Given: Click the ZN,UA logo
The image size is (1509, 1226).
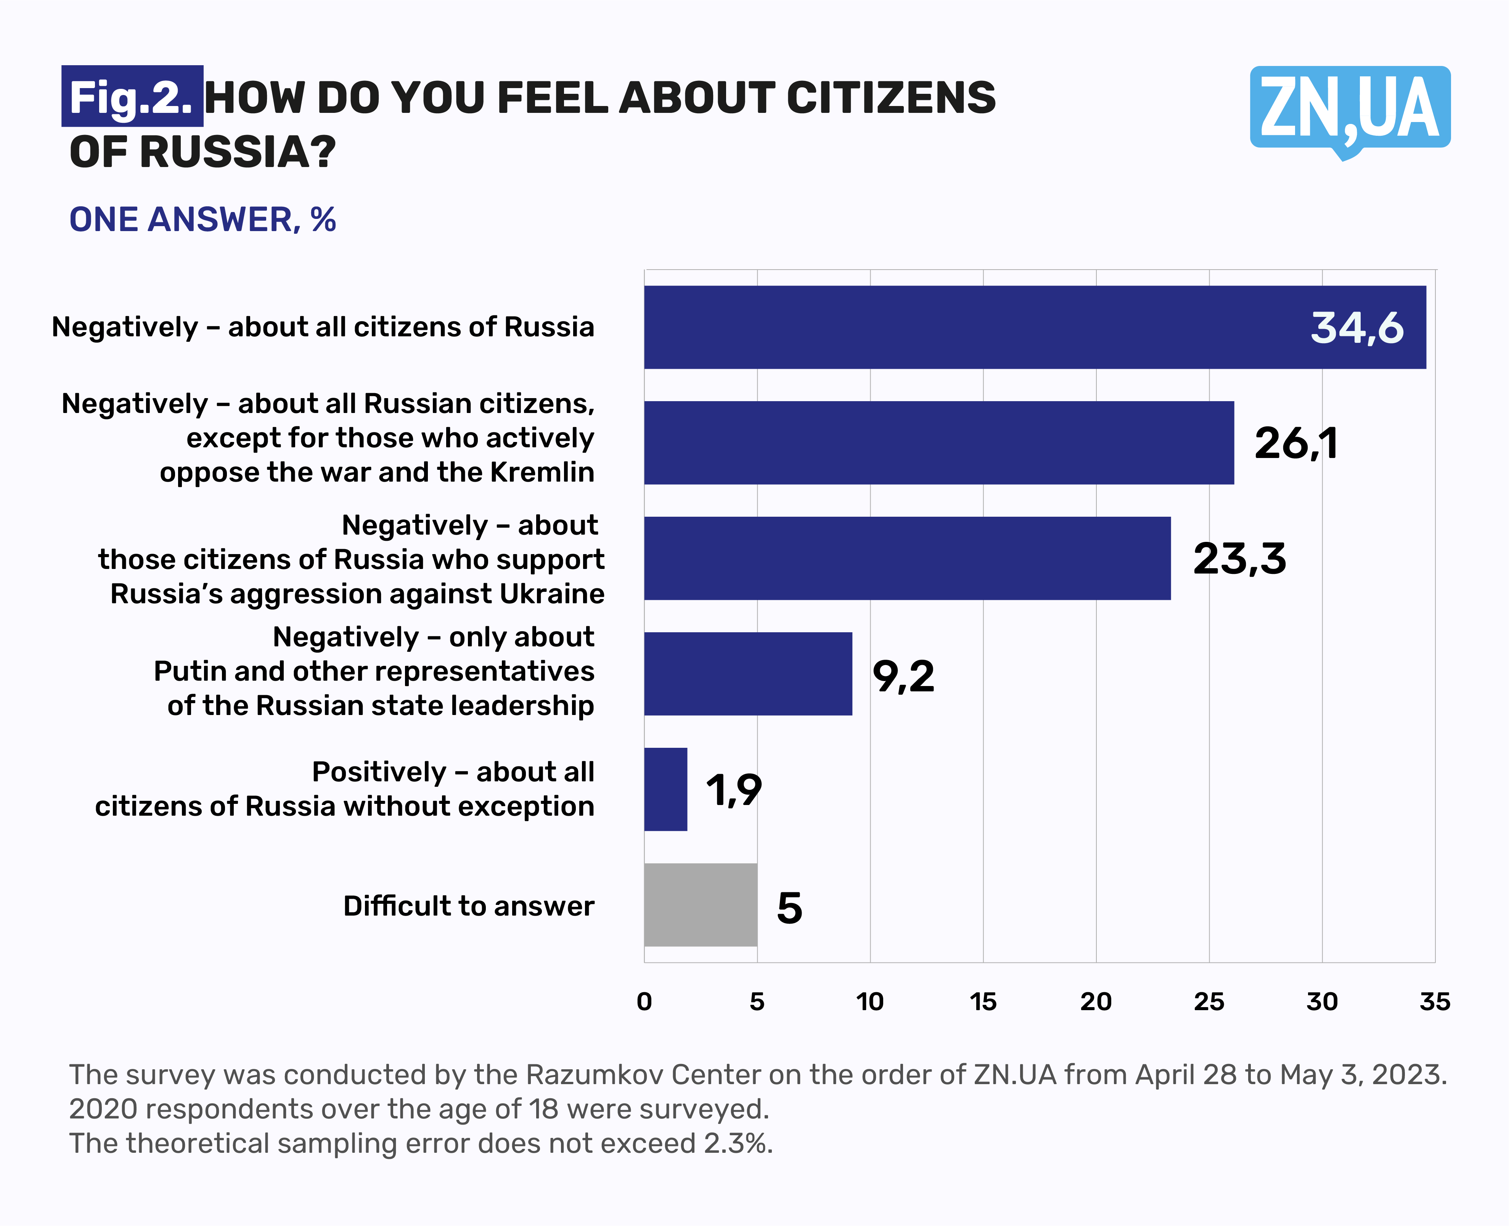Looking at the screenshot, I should pos(1350,109).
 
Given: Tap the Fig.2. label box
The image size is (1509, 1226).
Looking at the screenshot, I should pos(132,96).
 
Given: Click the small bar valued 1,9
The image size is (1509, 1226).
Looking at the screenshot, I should pos(665,789).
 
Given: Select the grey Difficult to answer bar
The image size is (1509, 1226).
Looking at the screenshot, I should pos(701,905).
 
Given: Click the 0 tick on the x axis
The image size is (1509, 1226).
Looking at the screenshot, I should pos(644,1001).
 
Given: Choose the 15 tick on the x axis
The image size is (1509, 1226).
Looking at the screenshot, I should pos(983,1001).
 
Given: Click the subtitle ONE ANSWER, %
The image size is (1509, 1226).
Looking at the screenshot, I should pos(202,220).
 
